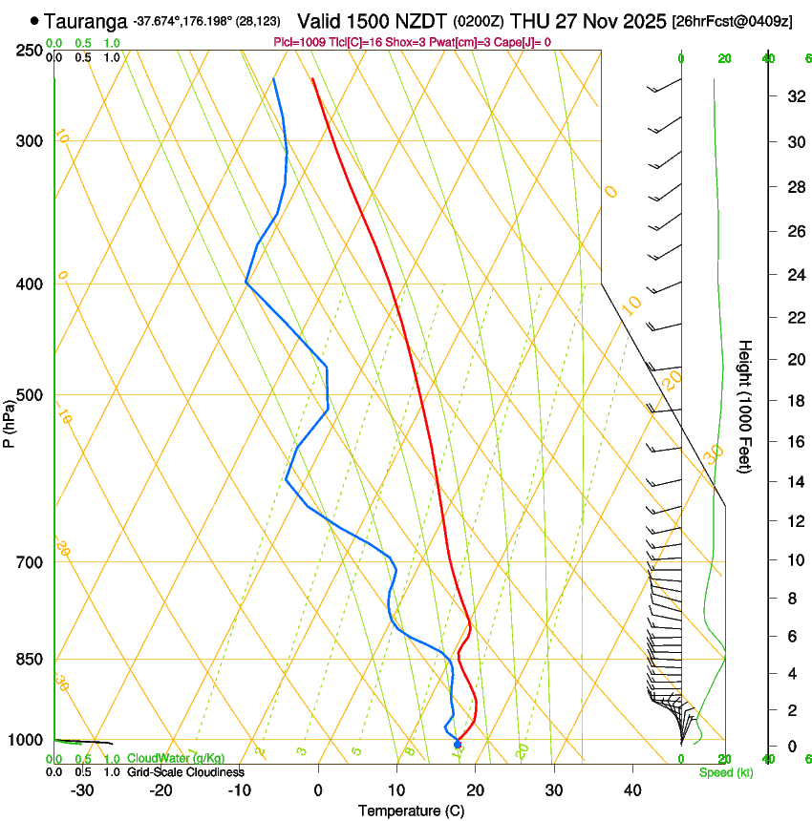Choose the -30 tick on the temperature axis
pos(82,790)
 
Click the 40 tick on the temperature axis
pos(632,790)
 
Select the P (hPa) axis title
pos(9,422)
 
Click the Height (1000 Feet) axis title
pos(745,406)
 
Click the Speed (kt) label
pos(725,772)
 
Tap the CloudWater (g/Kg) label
pos(175,758)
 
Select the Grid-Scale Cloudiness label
pos(185,772)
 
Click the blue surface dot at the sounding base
pos(458,744)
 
